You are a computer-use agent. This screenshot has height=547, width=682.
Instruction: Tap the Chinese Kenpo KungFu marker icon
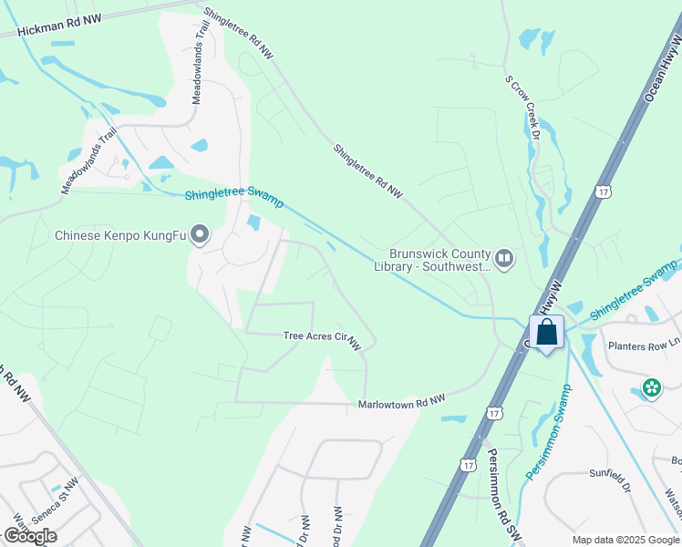tap(200, 236)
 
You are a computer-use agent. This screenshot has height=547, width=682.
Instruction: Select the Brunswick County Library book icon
tap(504, 260)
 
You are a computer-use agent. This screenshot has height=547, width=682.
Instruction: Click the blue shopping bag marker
tap(546, 332)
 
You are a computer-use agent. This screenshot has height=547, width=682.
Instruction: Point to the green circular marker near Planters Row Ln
tap(651, 388)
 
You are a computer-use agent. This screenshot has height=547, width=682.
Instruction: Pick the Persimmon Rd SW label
tap(501, 493)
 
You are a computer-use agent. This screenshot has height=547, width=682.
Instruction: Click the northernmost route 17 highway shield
tap(603, 191)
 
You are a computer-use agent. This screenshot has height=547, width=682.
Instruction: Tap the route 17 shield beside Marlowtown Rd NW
tap(495, 413)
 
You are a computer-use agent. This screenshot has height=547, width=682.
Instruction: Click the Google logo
tap(30, 536)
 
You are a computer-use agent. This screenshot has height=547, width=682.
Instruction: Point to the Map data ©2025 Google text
tap(625, 540)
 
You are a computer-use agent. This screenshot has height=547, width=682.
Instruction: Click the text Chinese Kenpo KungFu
tap(120, 236)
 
